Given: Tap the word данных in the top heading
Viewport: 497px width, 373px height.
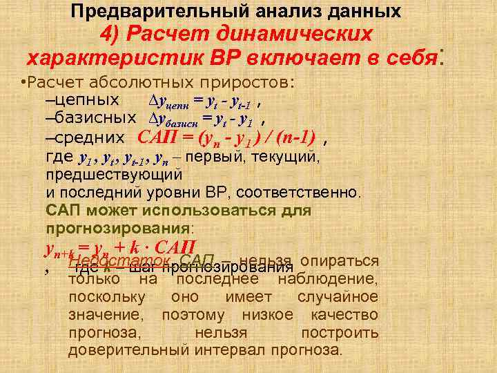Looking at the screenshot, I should (365, 11).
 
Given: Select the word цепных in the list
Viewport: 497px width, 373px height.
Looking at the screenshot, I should (90, 101).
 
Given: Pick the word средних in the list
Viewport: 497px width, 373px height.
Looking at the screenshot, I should (90, 137).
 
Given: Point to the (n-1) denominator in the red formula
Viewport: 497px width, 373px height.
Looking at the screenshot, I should (294, 136).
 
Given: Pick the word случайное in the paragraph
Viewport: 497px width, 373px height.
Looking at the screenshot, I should (338, 297).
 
